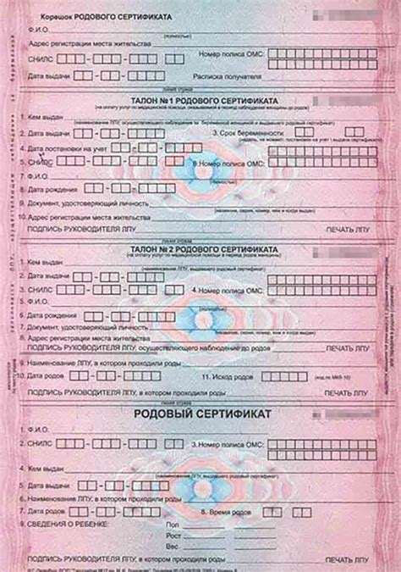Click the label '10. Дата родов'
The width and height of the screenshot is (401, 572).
tap(46, 375)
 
